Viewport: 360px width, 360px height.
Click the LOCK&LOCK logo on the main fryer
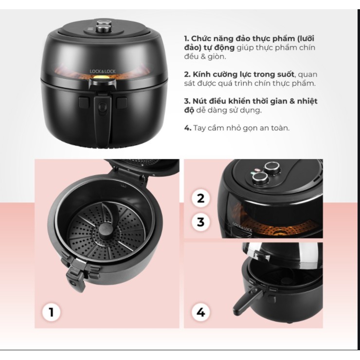[103, 72]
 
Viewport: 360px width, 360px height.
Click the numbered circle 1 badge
[51, 312]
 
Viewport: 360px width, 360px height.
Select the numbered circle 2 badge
[200, 198]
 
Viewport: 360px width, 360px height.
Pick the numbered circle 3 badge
[200, 222]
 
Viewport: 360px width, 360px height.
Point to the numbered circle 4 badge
[200, 312]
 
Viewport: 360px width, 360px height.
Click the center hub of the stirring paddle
[107, 231]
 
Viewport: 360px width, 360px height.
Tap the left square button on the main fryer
[84, 103]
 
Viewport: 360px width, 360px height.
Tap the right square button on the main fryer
[122, 103]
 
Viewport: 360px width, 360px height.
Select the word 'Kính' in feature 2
[200, 74]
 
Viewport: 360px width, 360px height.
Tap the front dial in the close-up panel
[260, 178]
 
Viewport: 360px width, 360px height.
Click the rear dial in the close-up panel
[272, 168]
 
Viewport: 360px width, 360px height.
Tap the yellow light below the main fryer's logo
[102, 77]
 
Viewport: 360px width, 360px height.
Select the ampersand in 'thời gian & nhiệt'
[291, 101]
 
